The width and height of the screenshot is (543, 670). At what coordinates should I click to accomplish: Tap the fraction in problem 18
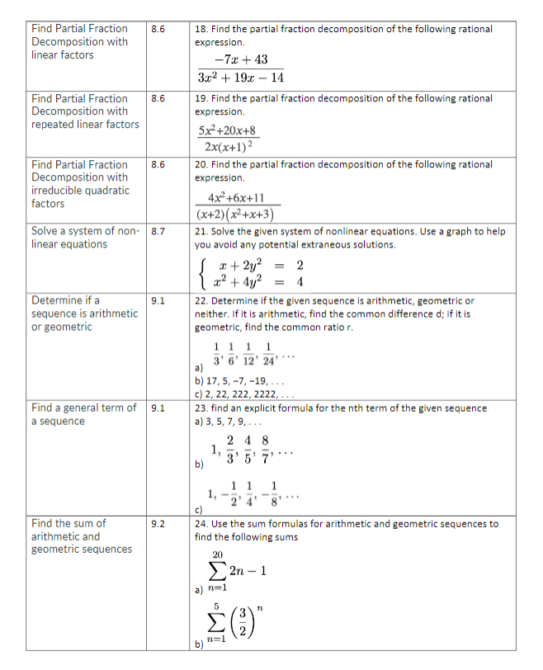coord(240,68)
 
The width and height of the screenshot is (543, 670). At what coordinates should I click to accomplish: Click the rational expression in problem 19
coord(228,139)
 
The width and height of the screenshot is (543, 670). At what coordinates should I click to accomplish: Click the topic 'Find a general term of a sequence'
coord(83,414)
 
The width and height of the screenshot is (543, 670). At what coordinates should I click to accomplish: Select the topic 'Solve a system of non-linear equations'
coord(83,238)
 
